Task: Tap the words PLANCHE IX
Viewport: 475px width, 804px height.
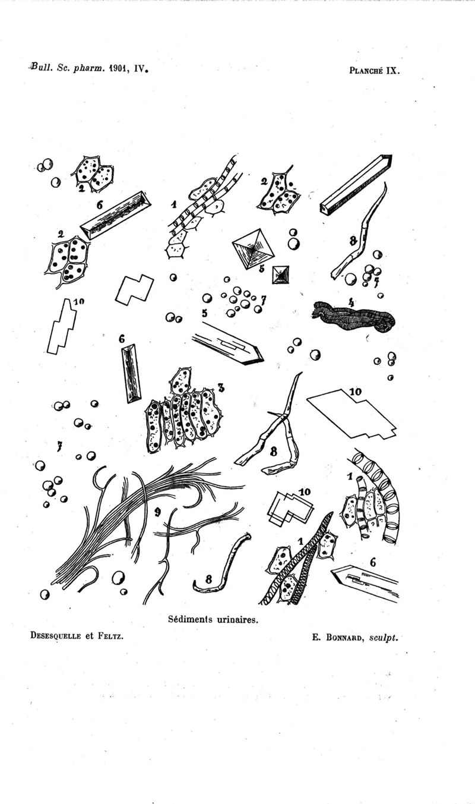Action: [375, 70]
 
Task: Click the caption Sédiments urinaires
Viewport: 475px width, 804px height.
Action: [213, 629]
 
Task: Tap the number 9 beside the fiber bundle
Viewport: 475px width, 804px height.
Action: [157, 513]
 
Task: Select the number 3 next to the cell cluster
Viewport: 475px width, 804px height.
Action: [221, 387]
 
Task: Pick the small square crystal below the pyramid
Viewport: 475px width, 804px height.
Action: [281, 275]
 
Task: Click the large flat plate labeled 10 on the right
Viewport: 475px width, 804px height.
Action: [351, 415]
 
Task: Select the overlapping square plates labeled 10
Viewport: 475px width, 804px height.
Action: [290, 509]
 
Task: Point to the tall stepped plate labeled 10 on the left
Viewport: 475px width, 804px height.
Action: [62, 327]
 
